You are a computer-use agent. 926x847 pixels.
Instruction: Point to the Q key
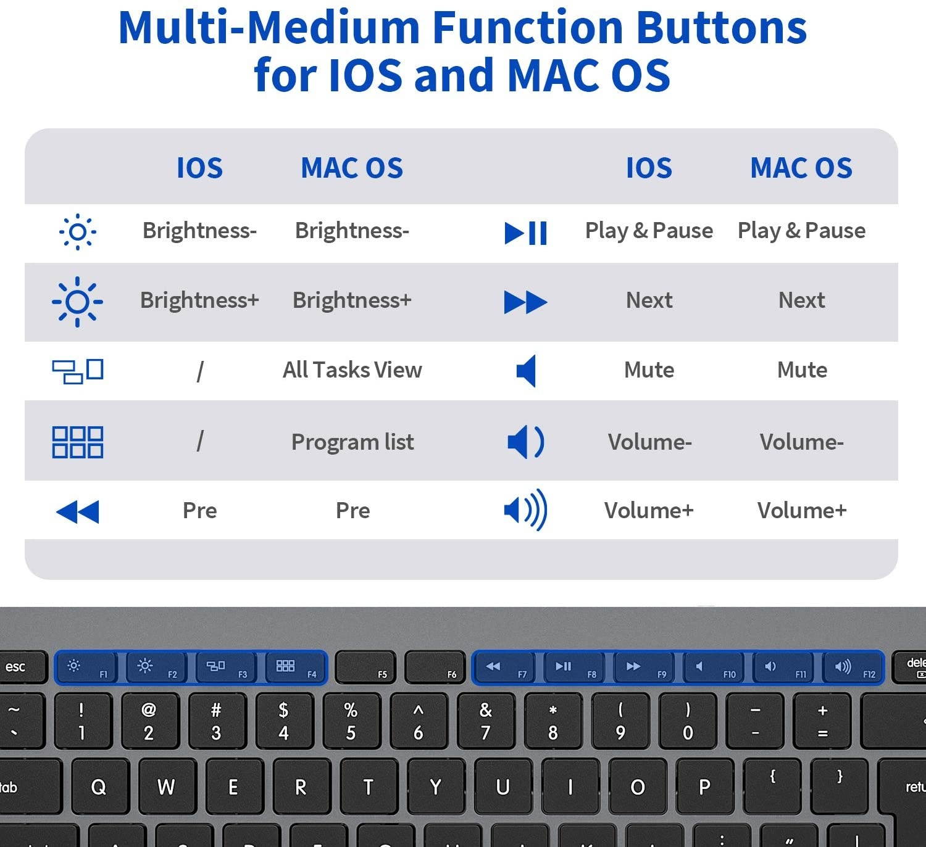click(x=99, y=787)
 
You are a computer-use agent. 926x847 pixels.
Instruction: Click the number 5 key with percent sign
click(x=351, y=721)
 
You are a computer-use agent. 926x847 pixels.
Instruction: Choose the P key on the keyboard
click(x=704, y=787)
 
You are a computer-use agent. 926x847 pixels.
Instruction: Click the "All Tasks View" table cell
click(x=352, y=370)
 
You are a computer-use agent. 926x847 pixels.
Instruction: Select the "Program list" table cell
click(x=352, y=442)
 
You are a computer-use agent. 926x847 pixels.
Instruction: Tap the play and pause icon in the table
click(x=525, y=233)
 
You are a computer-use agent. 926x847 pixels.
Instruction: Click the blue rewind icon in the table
click(x=77, y=511)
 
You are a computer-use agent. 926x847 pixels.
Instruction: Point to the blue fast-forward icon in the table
click(x=525, y=302)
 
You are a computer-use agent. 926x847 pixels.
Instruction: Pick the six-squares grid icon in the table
click(x=77, y=442)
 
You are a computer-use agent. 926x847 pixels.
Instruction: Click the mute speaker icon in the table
click(x=525, y=371)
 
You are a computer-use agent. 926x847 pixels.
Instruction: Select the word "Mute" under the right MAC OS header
click(x=801, y=370)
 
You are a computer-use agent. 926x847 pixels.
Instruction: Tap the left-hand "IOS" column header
click(x=199, y=168)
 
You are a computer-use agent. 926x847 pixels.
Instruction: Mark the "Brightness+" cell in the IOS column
click(x=199, y=300)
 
